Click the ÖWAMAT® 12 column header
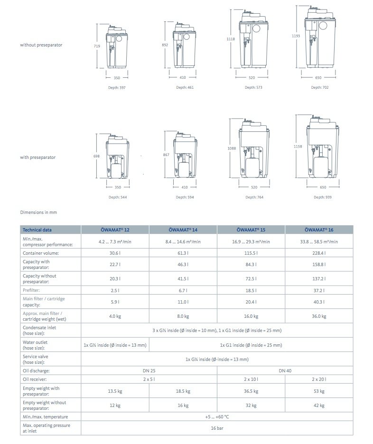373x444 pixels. coord(115,230)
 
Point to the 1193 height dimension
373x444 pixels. coord(296,36)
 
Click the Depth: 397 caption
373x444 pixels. coord(117,87)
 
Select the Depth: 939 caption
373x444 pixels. coord(322,197)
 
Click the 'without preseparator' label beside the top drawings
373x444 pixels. coord(41,45)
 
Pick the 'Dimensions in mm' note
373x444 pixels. coord(38,212)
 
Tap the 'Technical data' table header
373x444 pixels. coord(37,230)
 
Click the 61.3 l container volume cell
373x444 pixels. coord(183,253)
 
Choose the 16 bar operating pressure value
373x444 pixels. coord(217,428)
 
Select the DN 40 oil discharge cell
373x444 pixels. coord(285,370)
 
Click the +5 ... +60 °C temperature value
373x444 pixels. coord(217,416)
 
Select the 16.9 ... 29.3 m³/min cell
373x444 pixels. coord(251,241)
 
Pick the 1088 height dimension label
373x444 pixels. coord(232,148)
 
